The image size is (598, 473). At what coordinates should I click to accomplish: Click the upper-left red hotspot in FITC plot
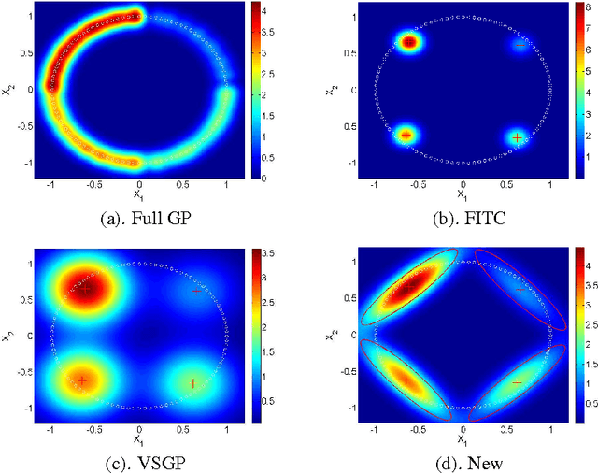(x=408, y=42)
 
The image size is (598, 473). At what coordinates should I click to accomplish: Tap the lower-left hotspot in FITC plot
(x=406, y=136)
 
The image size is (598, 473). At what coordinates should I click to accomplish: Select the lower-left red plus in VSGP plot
(x=82, y=380)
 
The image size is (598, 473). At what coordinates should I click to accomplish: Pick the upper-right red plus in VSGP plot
(x=196, y=291)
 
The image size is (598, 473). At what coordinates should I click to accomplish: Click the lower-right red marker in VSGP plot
(x=193, y=382)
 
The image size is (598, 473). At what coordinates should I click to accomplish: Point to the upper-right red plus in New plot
(x=520, y=290)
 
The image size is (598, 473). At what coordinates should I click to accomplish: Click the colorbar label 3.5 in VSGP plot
(x=268, y=252)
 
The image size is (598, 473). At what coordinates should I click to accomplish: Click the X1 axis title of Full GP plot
(x=138, y=196)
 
